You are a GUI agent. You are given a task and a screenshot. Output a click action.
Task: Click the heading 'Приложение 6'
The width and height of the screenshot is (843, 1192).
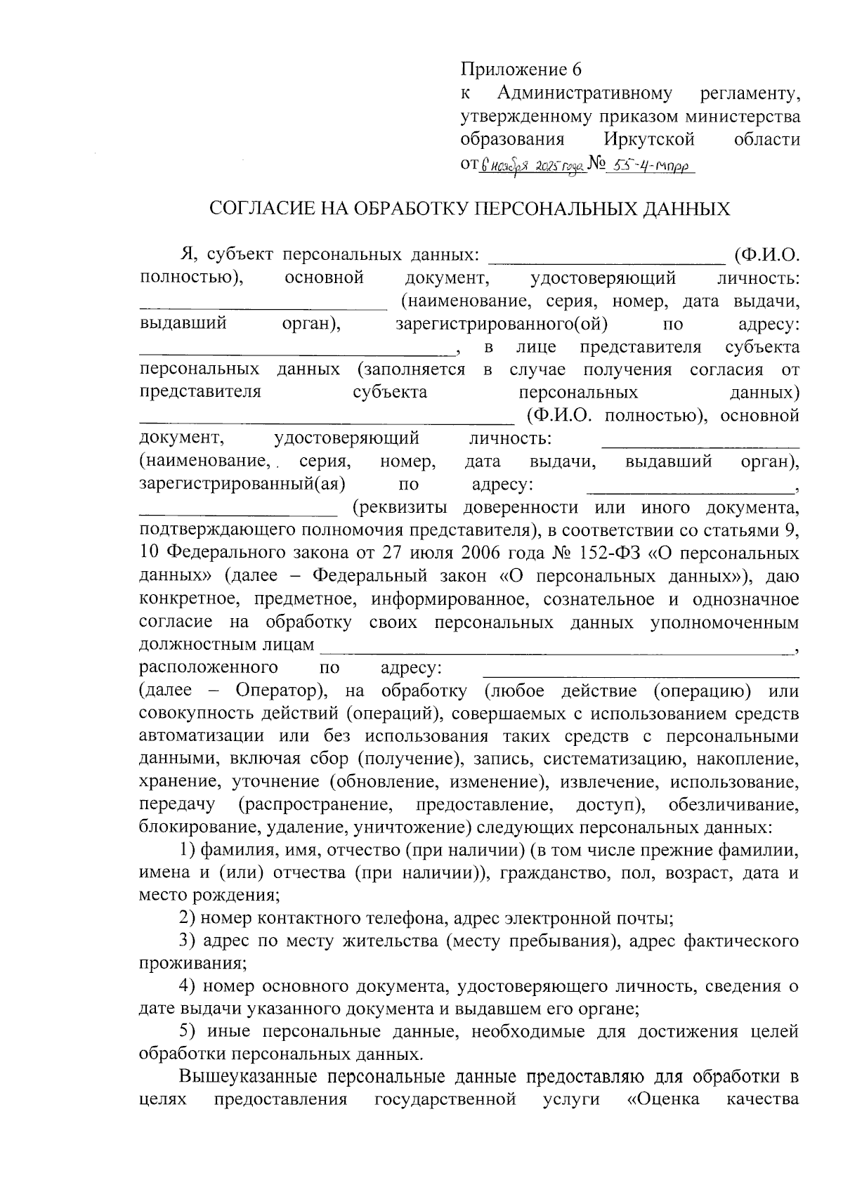[x=521, y=70]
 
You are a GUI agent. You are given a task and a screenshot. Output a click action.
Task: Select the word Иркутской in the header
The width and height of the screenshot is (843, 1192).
[x=649, y=139]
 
